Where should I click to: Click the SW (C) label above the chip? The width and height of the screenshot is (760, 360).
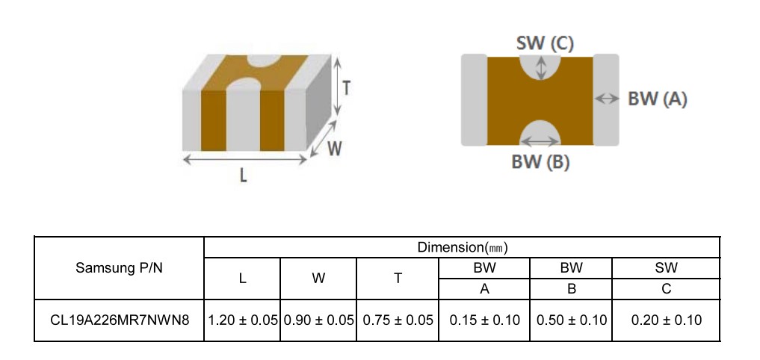tap(545, 43)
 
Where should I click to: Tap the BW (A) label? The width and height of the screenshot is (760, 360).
tap(657, 99)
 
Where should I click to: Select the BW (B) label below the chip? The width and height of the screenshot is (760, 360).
tap(540, 162)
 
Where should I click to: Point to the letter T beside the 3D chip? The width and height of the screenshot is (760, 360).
tap(346, 88)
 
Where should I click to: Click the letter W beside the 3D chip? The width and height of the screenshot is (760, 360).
tap(335, 149)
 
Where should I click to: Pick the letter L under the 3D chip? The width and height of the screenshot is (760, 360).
tap(244, 176)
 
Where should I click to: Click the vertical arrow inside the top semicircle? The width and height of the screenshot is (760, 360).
tap(540, 67)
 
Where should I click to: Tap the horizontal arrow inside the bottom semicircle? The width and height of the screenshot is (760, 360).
tap(540, 141)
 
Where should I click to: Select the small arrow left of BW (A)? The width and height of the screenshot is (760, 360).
tap(606, 99)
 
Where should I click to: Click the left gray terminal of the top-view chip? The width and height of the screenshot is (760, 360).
tap(474, 100)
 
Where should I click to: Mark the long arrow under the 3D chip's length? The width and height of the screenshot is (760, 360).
tap(245, 159)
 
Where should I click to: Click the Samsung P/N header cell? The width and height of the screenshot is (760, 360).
tap(120, 268)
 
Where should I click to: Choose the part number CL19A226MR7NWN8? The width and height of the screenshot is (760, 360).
tap(120, 320)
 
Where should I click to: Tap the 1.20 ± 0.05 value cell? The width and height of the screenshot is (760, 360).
tap(242, 320)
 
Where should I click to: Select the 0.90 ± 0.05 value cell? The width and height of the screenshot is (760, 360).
tap(318, 320)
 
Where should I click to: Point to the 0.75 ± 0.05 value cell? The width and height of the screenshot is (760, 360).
tap(398, 320)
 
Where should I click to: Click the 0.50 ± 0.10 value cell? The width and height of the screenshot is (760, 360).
tap(572, 320)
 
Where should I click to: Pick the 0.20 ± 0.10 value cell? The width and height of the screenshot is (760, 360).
tap(667, 320)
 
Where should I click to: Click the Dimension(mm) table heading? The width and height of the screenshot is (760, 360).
tap(463, 247)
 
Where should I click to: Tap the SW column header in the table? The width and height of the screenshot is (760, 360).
tap(667, 267)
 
